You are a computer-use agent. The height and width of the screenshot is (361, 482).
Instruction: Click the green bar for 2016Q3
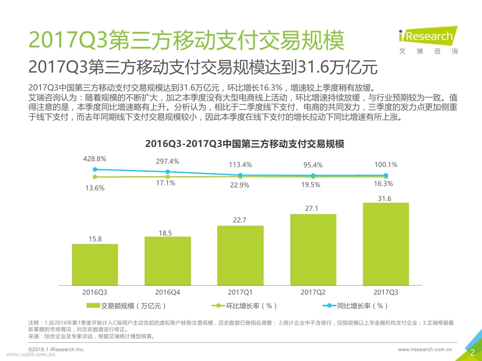click(95, 264)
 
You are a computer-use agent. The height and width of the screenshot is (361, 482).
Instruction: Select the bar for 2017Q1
click(240, 255)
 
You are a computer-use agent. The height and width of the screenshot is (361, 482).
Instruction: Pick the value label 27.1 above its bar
click(311, 209)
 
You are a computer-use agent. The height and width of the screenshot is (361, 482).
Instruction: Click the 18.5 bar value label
click(165, 233)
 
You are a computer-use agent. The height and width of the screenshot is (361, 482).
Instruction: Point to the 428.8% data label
click(95, 159)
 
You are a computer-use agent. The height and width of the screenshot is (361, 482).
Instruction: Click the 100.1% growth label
click(386, 165)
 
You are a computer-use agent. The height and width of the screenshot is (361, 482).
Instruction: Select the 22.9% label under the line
click(240, 185)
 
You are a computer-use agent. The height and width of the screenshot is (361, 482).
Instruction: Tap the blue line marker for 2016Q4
click(168, 172)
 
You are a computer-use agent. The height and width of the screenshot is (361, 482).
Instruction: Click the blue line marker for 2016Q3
click(95, 169)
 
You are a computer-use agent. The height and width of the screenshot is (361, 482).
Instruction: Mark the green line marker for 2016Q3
click(95, 177)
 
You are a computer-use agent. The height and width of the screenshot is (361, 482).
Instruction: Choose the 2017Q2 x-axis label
click(313, 292)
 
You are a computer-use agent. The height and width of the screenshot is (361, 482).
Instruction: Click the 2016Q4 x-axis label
click(168, 292)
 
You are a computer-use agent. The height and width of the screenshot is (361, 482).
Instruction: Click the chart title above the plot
click(245, 144)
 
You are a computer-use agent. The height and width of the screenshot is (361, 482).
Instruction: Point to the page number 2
click(472, 352)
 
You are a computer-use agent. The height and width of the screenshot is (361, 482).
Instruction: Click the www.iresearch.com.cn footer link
click(425, 349)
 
